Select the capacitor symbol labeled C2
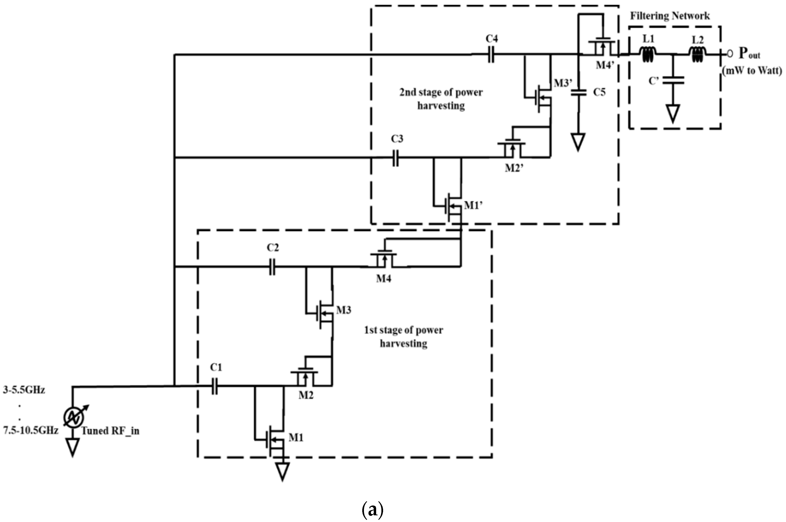(x=272, y=267)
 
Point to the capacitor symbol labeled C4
(x=491, y=54)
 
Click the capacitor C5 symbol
(x=578, y=92)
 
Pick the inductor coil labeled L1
(x=648, y=54)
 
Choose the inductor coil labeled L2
(x=697, y=54)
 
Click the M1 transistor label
(x=296, y=437)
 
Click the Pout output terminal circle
(x=730, y=53)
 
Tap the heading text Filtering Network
(x=670, y=16)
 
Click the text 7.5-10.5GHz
(x=31, y=431)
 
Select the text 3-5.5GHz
(x=24, y=390)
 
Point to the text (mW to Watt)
(x=752, y=70)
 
